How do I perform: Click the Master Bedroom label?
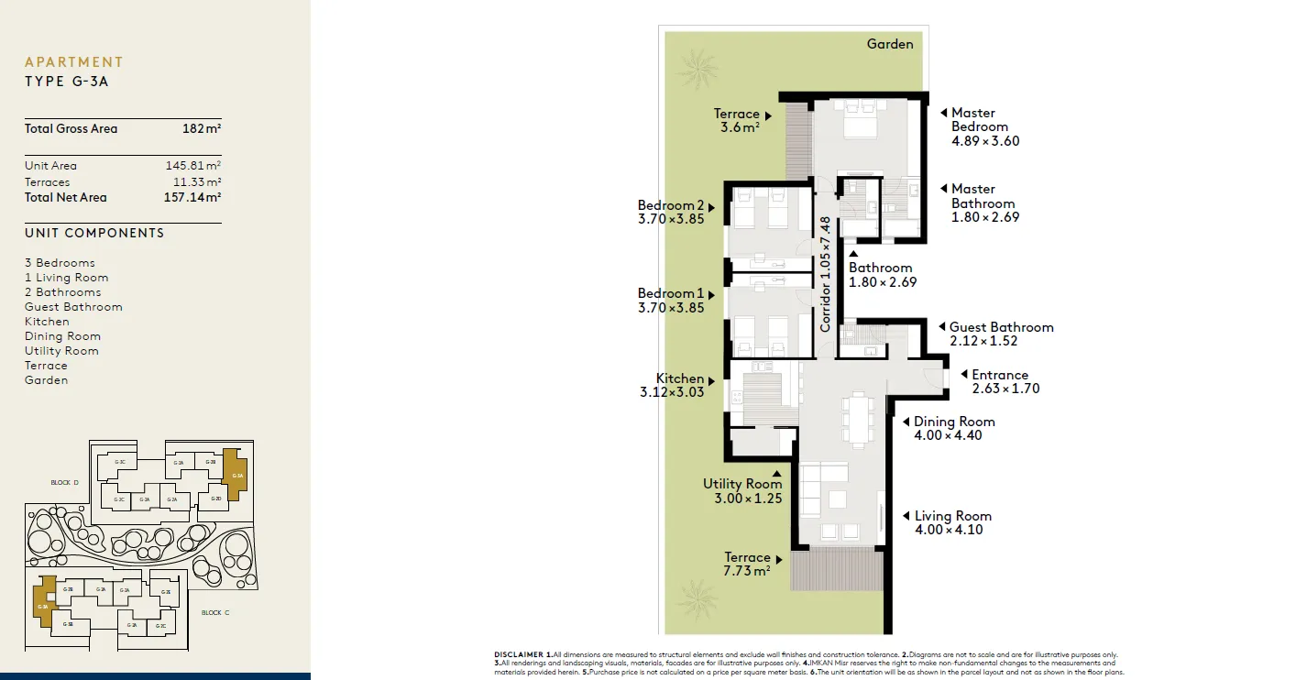pyautogui.click(x=979, y=120)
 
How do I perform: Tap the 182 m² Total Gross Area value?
pyautogui.click(x=202, y=129)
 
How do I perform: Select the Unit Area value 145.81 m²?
pyautogui.click(x=187, y=166)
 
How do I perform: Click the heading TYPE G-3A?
pyautogui.click(x=67, y=82)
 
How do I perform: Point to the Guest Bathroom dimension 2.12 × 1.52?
pyautogui.click(x=983, y=341)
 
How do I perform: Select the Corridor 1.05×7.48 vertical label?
pyautogui.click(x=826, y=274)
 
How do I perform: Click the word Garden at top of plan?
pyautogui.click(x=890, y=44)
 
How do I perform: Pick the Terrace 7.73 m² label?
pyautogui.click(x=746, y=564)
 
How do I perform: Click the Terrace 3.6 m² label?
pyautogui.click(x=737, y=121)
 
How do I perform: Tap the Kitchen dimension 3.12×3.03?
pyautogui.click(x=672, y=392)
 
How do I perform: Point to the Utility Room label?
pyautogui.click(x=742, y=484)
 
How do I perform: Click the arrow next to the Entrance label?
pyautogui.click(x=964, y=374)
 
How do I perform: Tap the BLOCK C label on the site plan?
pyautogui.click(x=215, y=612)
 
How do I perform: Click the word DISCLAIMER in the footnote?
pyautogui.click(x=519, y=654)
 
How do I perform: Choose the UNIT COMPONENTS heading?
pyautogui.click(x=94, y=233)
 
